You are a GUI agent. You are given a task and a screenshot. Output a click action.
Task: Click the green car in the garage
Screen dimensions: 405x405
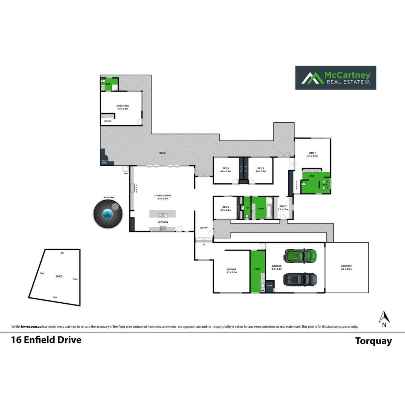pyautogui.click(x=300, y=255)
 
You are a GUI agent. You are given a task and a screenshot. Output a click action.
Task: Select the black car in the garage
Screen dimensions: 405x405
pyautogui.click(x=300, y=279)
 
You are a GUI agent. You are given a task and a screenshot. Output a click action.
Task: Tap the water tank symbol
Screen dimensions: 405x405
pyautogui.click(x=108, y=214)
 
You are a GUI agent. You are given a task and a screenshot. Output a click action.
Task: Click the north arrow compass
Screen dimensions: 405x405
pyautogui.click(x=384, y=319)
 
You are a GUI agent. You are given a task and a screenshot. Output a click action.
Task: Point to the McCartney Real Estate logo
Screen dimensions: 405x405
pyautogui.click(x=336, y=78)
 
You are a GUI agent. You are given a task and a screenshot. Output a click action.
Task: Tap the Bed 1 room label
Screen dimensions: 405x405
pyautogui.click(x=313, y=153)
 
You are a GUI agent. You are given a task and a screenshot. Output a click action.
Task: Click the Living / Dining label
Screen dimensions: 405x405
pyautogui.click(x=163, y=196)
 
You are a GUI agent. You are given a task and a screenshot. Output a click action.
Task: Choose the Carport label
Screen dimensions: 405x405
pyautogui.click(x=346, y=266)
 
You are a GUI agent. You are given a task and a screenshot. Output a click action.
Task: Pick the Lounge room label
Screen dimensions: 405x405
pyautogui.click(x=231, y=269)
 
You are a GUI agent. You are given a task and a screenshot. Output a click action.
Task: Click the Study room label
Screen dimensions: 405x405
pyautogui.click(x=283, y=206)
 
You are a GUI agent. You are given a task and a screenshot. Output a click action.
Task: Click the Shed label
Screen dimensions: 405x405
pyautogui.click(x=59, y=276)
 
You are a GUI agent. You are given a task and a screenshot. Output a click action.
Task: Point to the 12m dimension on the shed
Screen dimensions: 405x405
pyautogui.click(x=55, y=297)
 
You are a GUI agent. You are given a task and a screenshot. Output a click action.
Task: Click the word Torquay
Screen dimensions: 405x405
pyautogui.click(x=373, y=341)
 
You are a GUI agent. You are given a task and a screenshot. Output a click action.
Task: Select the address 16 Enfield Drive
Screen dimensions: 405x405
pyautogui.click(x=46, y=340)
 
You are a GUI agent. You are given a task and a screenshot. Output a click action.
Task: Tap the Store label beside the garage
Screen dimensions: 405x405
pyautogui.click(x=270, y=285)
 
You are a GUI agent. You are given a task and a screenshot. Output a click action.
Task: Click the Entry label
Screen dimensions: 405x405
pyautogui.click(x=204, y=228)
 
